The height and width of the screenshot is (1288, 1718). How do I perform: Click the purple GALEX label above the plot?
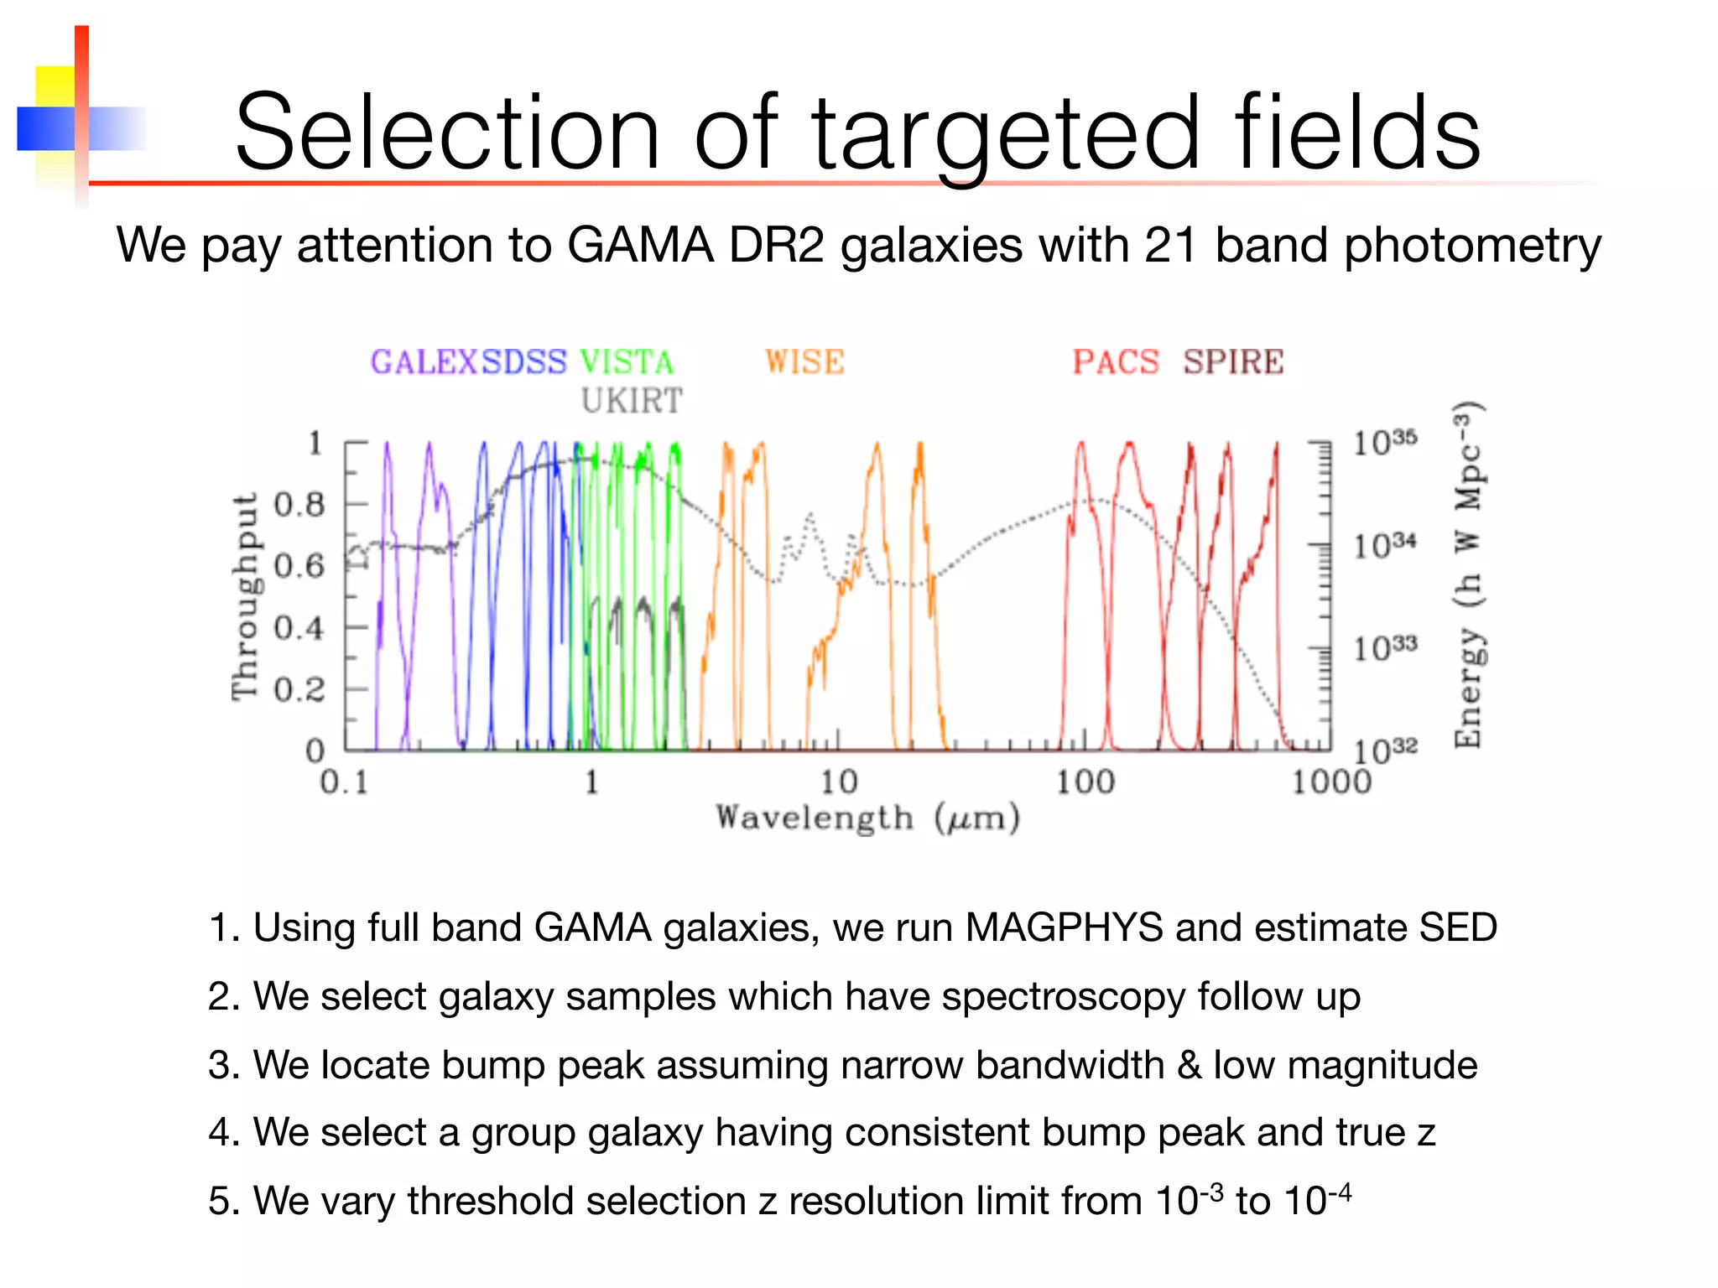pos(424,362)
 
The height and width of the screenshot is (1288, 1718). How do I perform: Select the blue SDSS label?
pos(524,362)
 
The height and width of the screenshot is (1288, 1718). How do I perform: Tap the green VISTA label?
pos(627,362)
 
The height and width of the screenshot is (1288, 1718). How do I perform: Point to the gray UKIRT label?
pos(632,401)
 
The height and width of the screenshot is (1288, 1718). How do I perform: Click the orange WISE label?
pos(804,362)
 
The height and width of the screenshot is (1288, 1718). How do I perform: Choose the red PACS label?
pos(1116,362)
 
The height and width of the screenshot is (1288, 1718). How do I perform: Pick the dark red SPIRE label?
pos(1233,362)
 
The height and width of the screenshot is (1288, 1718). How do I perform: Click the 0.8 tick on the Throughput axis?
pos(299,505)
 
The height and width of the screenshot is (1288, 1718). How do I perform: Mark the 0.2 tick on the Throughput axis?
pos(299,689)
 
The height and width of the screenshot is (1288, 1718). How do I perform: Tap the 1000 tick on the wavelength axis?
pos(1330,782)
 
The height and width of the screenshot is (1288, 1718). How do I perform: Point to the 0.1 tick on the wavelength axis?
pos(344,782)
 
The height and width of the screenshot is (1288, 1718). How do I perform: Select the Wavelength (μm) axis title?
pos(867,818)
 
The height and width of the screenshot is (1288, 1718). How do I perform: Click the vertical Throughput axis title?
pos(245,595)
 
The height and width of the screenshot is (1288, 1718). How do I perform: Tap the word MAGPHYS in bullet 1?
pos(1064,928)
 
